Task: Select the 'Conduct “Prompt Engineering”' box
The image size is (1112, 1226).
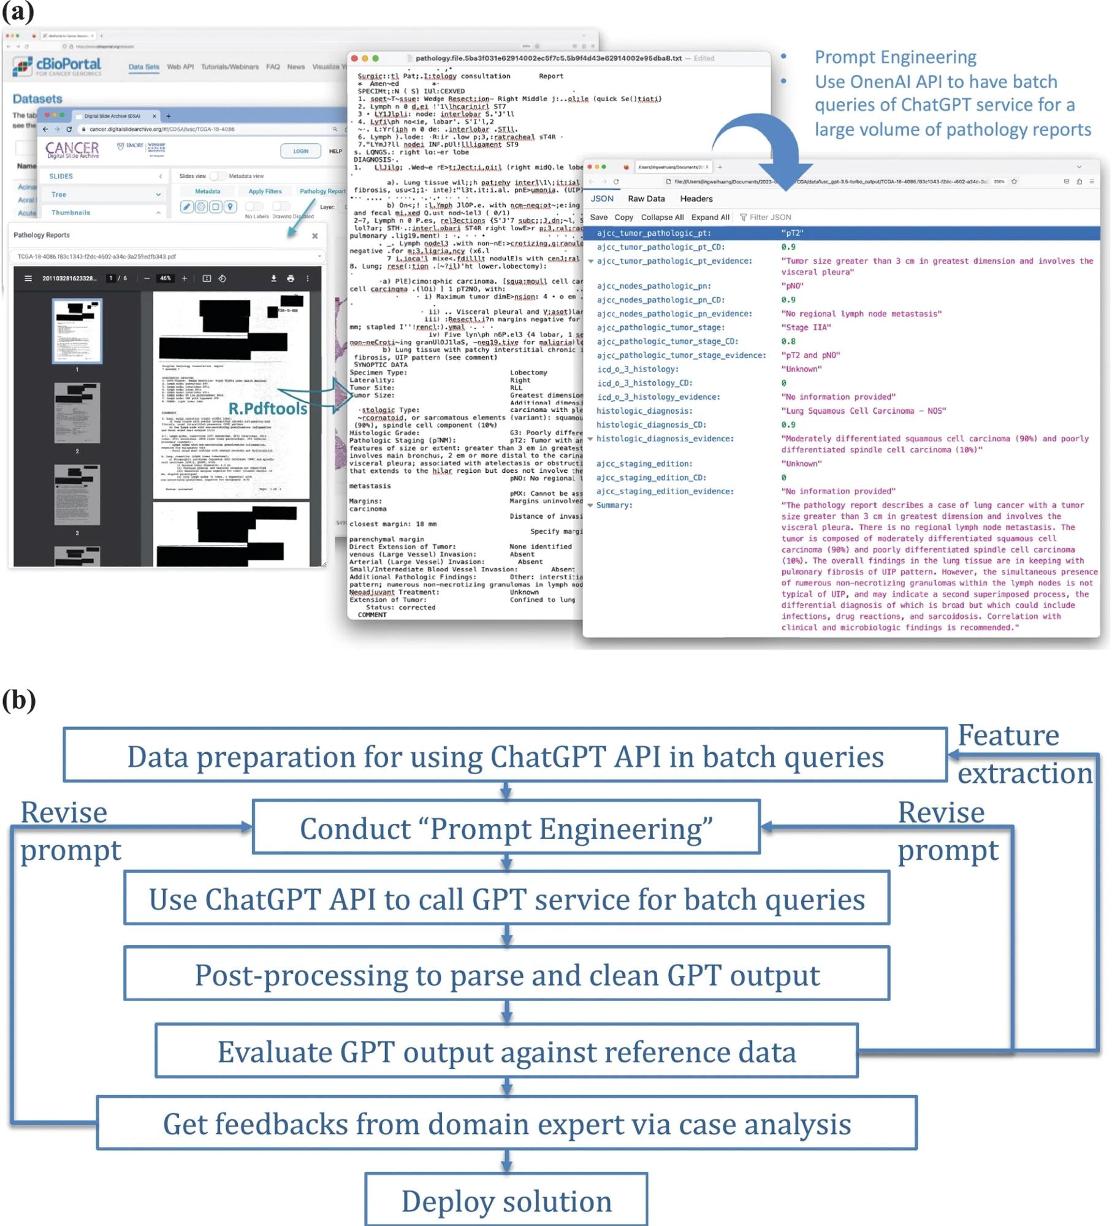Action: (x=506, y=828)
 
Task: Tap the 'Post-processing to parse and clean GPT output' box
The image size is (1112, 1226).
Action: (x=506, y=974)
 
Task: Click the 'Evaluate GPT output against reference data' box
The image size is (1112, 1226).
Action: (x=506, y=1051)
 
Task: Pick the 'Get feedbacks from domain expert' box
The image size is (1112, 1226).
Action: (x=506, y=1123)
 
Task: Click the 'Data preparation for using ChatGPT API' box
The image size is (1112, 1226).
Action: (x=505, y=756)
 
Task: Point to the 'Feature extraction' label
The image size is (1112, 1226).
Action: (x=1024, y=754)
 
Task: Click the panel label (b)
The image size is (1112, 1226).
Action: (x=18, y=699)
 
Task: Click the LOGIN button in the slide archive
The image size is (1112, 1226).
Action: (x=300, y=151)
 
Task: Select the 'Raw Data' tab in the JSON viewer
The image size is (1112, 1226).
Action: (x=646, y=199)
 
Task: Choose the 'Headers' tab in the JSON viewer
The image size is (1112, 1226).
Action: (x=696, y=199)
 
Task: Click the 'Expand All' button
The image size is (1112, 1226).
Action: (x=710, y=217)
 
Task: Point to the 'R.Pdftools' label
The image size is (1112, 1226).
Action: (x=268, y=408)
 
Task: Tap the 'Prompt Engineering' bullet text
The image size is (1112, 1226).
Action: (x=895, y=57)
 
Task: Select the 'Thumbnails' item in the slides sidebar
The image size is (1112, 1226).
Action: (x=70, y=213)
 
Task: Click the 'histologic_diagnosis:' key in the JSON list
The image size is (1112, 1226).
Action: (x=644, y=411)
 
